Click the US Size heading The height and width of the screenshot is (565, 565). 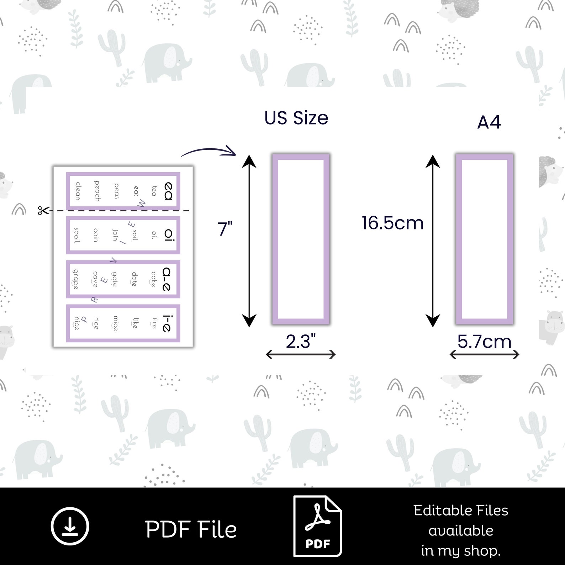point(296,118)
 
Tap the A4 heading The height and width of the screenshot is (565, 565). point(489,122)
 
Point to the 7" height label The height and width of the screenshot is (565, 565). point(225,228)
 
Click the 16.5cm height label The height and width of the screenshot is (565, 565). point(392,223)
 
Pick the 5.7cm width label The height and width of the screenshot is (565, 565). point(484,342)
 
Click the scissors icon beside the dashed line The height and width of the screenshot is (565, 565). point(43,211)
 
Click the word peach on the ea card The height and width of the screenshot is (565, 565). point(97,191)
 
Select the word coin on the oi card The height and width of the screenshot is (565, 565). point(95,235)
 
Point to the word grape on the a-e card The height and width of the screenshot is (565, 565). point(76,279)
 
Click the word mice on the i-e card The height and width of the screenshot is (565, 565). point(115,323)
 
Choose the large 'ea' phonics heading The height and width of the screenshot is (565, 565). point(168,191)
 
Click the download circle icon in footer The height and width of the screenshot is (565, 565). point(70,526)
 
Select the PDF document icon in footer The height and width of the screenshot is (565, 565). point(317,526)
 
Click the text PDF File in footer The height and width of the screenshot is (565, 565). point(191,529)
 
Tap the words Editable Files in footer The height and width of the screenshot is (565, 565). point(461,511)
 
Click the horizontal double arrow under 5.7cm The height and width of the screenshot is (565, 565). point(484,354)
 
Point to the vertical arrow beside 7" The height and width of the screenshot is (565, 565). point(249,241)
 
